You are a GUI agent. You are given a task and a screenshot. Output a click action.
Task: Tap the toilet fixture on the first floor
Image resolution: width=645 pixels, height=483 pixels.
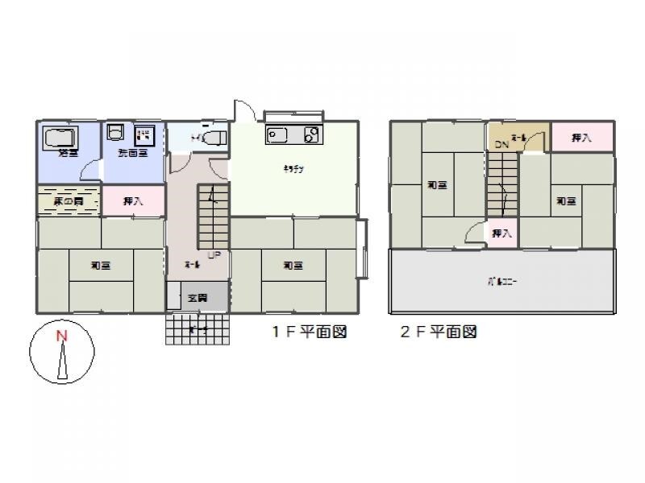211,138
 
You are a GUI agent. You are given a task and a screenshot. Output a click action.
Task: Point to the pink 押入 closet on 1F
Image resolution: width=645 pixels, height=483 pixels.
133,201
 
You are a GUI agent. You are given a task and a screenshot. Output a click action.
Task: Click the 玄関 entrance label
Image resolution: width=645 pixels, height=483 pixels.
197,298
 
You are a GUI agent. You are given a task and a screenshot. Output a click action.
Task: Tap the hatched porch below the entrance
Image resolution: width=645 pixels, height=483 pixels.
198,329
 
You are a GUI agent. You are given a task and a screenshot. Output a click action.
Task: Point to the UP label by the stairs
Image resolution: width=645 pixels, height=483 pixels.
214,256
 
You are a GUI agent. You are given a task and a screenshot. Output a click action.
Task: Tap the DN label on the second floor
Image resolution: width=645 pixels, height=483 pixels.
501,145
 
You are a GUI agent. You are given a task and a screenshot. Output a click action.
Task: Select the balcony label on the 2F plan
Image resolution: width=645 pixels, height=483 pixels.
501,283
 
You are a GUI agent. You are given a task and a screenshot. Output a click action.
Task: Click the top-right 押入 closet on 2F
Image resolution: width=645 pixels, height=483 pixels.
582,138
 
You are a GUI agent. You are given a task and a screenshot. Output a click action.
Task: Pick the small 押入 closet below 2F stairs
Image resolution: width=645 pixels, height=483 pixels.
501,233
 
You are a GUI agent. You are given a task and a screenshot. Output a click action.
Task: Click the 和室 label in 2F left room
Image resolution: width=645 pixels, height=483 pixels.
437,186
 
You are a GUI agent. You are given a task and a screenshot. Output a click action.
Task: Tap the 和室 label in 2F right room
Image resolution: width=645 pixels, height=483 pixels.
566,201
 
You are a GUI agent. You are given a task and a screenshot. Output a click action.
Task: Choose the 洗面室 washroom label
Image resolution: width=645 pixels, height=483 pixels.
132,153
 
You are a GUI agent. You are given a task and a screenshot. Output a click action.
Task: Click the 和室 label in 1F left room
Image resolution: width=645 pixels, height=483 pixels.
101,265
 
